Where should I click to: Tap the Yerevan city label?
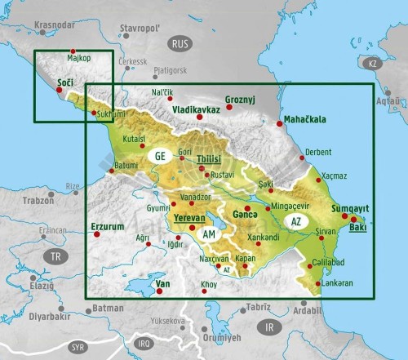pos(188,218)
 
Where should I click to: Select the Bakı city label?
pos(357,227)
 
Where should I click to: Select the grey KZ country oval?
pos(373,63)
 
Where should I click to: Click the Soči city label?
pos(64,82)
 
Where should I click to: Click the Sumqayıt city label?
pos(351,209)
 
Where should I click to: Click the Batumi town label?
pos(126,165)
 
